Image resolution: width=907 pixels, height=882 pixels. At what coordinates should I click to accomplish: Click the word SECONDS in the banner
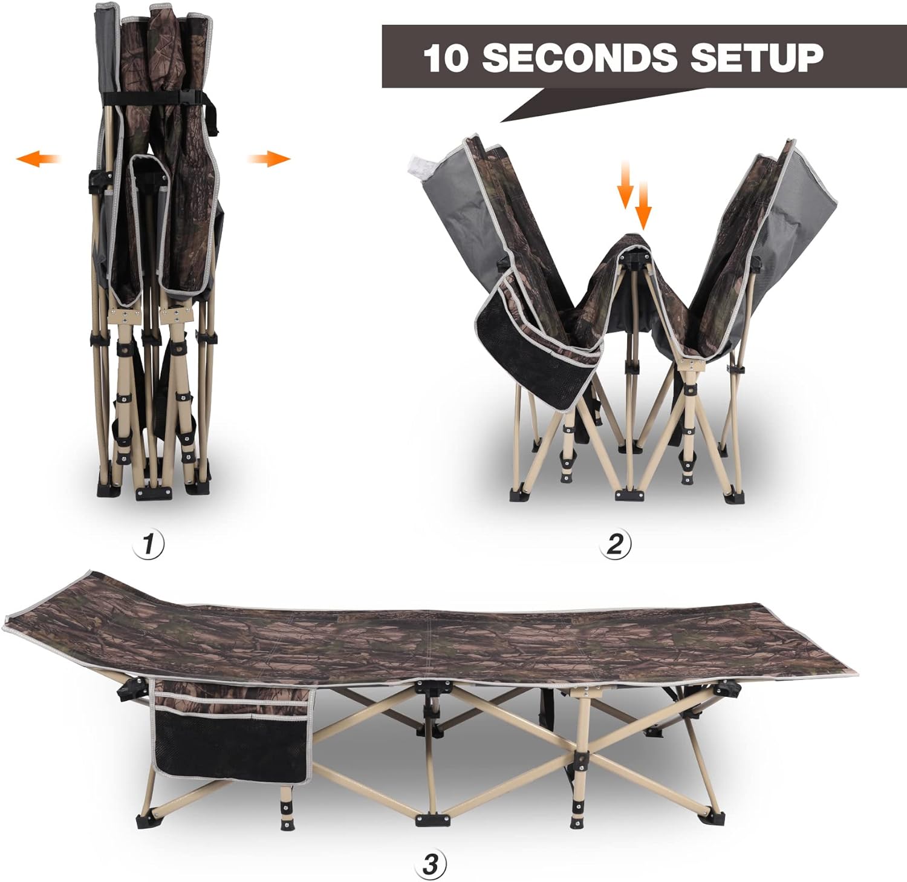pyautogui.click(x=580, y=57)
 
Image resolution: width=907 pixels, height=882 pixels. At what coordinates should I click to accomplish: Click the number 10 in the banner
pyautogui.click(x=446, y=58)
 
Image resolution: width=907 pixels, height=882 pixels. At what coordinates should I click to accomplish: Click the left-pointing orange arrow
pyautogui.click(x=38, y=159)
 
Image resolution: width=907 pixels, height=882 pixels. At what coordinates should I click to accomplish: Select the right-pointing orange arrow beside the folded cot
pyautogui.click(x=269, y=159)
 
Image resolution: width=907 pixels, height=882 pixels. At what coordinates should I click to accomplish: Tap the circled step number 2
pyautogui.click(x=615, y=544)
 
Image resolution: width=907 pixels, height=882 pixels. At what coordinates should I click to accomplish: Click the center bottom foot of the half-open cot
pyautogui.click(x=631, y=494)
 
